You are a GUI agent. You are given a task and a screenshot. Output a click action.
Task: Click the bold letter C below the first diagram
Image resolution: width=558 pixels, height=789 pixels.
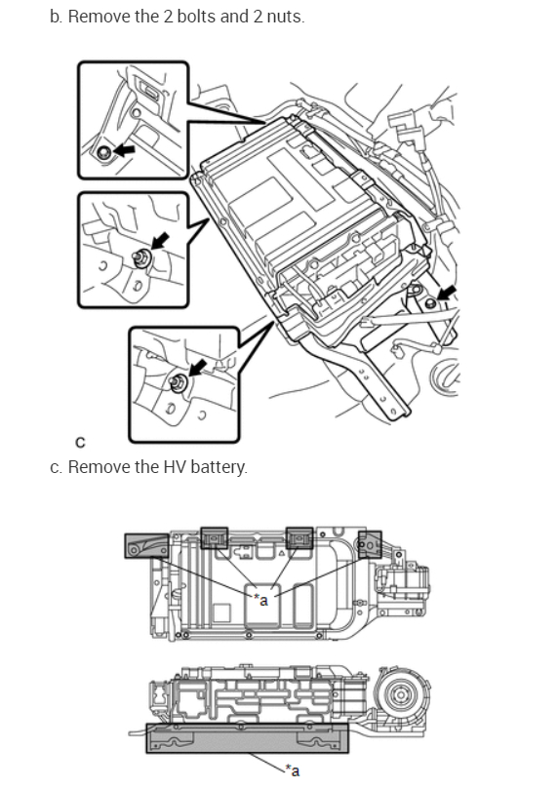pos(81,443)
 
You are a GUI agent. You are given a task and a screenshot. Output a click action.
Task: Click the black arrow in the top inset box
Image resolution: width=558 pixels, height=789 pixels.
pos(124,149)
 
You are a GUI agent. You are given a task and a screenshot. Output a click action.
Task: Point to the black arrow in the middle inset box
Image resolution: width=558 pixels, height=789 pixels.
pos(160,241)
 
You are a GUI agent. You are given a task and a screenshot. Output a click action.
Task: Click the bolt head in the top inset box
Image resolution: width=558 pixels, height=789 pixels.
pos(104,151)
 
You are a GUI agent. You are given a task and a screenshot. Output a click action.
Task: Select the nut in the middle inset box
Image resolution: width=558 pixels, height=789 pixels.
pos(140,258)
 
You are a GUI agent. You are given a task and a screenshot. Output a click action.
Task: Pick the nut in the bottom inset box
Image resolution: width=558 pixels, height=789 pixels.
pos(178,383)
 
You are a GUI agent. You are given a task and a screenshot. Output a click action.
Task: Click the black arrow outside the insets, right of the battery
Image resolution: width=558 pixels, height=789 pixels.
pos(447,293)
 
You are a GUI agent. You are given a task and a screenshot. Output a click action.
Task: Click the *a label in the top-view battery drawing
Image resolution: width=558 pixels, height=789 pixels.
pos(261,599)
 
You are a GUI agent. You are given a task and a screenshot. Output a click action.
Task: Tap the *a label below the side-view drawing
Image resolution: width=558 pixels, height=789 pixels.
pos(293,769)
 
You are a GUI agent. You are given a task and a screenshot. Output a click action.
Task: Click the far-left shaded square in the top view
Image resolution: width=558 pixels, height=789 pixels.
pos(147,545)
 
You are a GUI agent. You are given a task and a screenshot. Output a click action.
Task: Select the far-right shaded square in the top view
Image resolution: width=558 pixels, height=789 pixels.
pos(370,544)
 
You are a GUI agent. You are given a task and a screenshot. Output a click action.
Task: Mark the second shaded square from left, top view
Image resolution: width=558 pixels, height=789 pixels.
pos(215,538)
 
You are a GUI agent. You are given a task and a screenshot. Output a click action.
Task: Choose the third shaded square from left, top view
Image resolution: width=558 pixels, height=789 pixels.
pos(299,538)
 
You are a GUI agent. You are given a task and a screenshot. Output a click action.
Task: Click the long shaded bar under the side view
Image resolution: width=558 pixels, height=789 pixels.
pos(247,738)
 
